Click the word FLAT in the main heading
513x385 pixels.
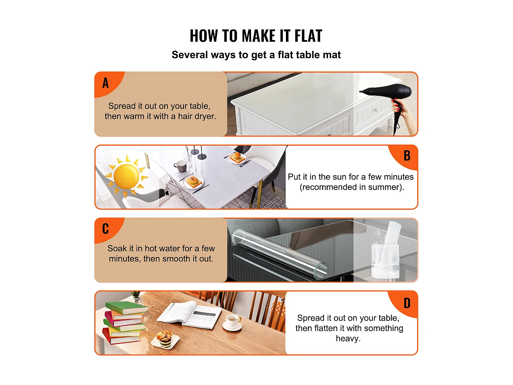point(308,36)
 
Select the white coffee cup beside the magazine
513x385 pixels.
point(233,322)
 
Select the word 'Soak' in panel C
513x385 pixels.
point(117,248)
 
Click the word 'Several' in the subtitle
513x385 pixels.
point(190,55)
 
